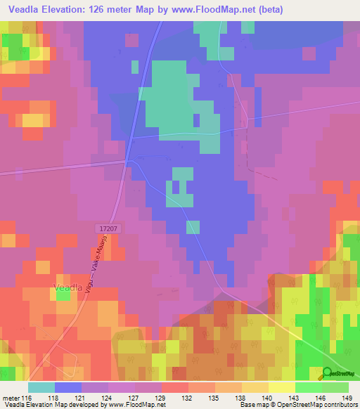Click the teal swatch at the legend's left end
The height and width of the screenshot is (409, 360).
pos(41,387)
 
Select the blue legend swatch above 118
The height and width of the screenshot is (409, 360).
pos(68,387)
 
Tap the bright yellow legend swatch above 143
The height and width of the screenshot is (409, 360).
pos(282,387)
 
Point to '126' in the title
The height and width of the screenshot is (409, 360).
pos(122,8)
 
